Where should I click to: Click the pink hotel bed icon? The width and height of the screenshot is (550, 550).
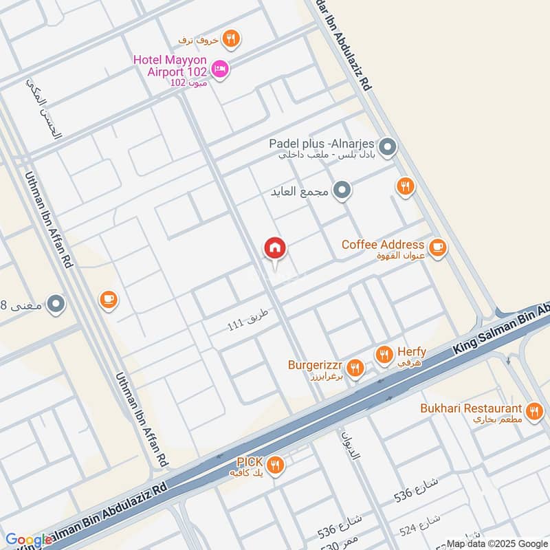pos(220,68)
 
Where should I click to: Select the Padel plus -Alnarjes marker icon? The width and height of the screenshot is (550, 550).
pos(388,146)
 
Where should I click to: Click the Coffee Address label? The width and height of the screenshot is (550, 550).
pos(383,245)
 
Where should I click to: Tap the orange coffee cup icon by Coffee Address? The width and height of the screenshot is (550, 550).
pos(437,247)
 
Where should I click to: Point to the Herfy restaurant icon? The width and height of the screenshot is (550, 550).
pos(384,355)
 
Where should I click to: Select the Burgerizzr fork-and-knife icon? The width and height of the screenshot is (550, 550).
pos(355,368)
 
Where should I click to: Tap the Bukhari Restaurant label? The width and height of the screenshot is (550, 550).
pos(472,408)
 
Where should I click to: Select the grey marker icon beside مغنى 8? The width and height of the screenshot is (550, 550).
pos(56,302)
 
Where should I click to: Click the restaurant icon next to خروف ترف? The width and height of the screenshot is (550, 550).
pos(232,39)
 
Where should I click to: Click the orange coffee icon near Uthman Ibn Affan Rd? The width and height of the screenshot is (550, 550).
pos(108,299)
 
